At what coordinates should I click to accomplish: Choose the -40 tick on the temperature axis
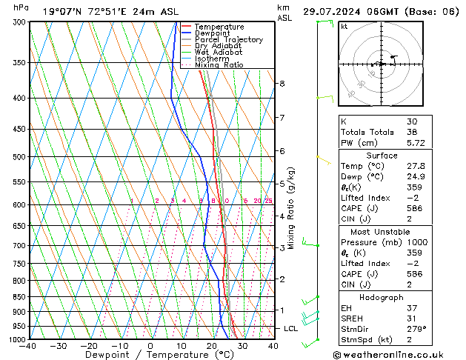(x=28, y=346)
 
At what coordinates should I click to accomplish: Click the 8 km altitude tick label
(x=282, y=84)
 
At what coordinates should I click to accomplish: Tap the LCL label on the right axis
(x=290, y=328)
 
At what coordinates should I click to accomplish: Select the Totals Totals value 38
(x=412, y=132)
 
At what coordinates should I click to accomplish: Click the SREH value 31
(x=412, y=319)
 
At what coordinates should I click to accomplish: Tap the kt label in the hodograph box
(x=344, y=26)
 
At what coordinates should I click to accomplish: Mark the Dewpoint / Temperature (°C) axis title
(x=149, y=355)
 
